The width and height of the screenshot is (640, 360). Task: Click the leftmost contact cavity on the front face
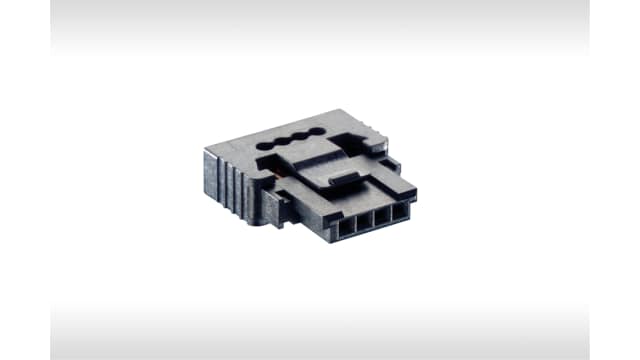pos(347,227)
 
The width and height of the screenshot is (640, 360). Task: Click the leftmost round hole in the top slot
pos(268,146)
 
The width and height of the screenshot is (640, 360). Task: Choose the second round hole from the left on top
pos(284,141)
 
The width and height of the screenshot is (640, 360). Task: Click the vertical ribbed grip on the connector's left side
pos(226,180)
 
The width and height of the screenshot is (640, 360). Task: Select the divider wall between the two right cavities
pos(392,214)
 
